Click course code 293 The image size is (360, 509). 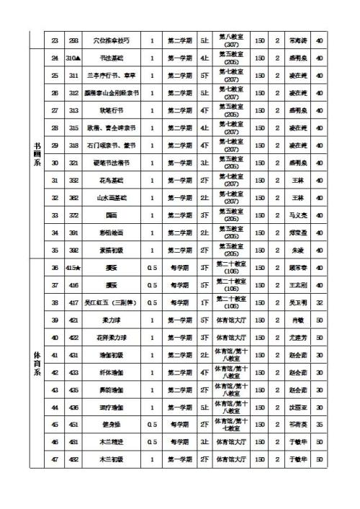point(73,40)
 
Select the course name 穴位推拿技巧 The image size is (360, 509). point(111,40)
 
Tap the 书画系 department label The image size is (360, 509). point(37,153)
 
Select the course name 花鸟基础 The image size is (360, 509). point(111,180)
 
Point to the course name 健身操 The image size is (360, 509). point(111,424)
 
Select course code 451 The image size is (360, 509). point(73,424)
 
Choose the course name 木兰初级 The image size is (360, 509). point(111,459)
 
